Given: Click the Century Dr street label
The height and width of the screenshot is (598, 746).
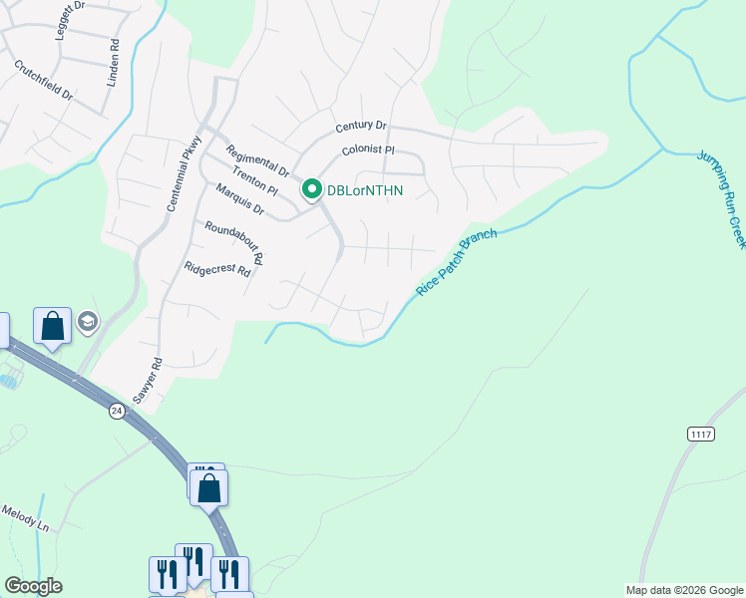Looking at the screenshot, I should tap(361, 127).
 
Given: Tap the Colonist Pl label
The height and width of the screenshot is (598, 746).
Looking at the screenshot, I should tap(369, 150).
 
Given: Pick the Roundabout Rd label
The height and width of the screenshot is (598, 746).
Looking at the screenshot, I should tap(233, 242).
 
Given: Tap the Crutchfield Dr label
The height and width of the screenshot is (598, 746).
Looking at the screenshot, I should tap(44, 80).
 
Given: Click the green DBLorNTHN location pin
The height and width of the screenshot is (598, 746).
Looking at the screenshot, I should tap(311, 188).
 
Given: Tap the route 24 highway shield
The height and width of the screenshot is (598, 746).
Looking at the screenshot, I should tap(117, 411).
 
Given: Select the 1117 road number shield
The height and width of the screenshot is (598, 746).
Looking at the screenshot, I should tap(702, 434).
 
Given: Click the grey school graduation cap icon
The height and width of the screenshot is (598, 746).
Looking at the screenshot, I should tap(87, 322).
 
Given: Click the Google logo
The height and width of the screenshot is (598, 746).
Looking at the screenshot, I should tap(33, 586).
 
